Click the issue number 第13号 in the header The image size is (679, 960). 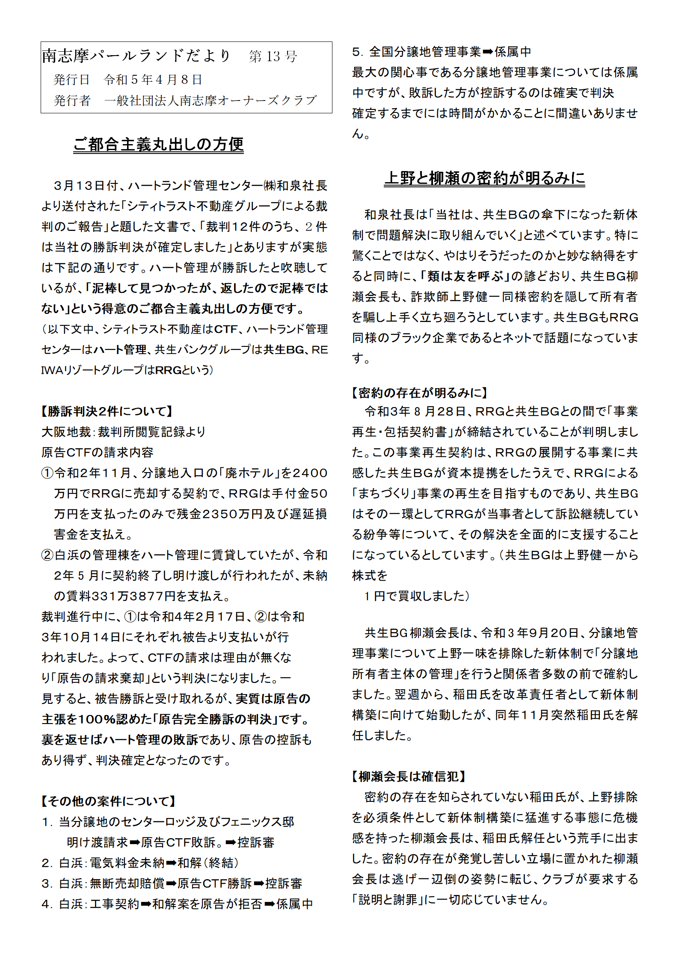click(273, 56)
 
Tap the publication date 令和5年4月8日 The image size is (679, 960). click(153, 80)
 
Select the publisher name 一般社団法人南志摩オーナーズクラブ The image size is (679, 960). click(211, 100)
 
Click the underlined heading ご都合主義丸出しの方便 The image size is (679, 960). click(158, 145)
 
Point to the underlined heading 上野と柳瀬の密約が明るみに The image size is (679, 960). click(484, 178)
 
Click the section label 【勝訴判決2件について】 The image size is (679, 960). click(107, 411)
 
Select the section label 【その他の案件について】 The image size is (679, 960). click(108, 801)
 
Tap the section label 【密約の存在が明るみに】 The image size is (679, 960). click(419, 393)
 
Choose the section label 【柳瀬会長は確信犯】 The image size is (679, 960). click(409, 776)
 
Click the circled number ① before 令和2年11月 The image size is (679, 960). click(47, 473)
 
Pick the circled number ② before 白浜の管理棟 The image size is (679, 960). click(47, 555)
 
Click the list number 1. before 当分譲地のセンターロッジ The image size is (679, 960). click(47, 822)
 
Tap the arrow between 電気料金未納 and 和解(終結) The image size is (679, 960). click(171, 863)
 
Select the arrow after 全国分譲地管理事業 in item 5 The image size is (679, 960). click(488, 52)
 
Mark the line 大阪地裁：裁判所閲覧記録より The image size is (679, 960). click(123, 432)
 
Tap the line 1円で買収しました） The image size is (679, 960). click(417, 596)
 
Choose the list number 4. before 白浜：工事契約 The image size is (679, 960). click(47, 904)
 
